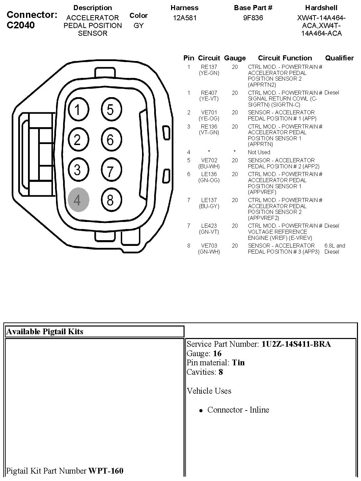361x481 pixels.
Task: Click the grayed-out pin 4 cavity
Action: tap(78, 200)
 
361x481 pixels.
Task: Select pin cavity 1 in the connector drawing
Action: tap(78, 110)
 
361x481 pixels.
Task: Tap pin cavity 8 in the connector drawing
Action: tap(111, 200)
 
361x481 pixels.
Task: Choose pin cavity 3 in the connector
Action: tap(78, 170)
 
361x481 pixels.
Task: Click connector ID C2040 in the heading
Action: tap(21, 25)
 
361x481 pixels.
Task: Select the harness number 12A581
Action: tap(185, 18)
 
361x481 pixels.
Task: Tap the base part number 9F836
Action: tap(253, 18)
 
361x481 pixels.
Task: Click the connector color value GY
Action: tap(139, 26)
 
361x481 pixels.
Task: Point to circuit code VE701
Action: tap(209, 112)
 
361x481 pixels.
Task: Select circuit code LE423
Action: tap(209, 226)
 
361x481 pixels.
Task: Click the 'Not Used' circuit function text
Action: tap(259, 152)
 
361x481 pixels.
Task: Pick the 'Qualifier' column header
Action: tap(339, 58)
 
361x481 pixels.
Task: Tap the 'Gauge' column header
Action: tap(235, 58)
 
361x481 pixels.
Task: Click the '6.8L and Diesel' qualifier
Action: tap(334, 249)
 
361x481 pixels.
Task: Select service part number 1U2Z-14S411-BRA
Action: tap(296, 344)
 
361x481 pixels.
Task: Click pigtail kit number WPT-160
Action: tap(106, 471)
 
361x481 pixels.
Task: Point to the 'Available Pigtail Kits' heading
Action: tap(45, 332)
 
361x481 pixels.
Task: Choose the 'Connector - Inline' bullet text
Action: tap(238, 410)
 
